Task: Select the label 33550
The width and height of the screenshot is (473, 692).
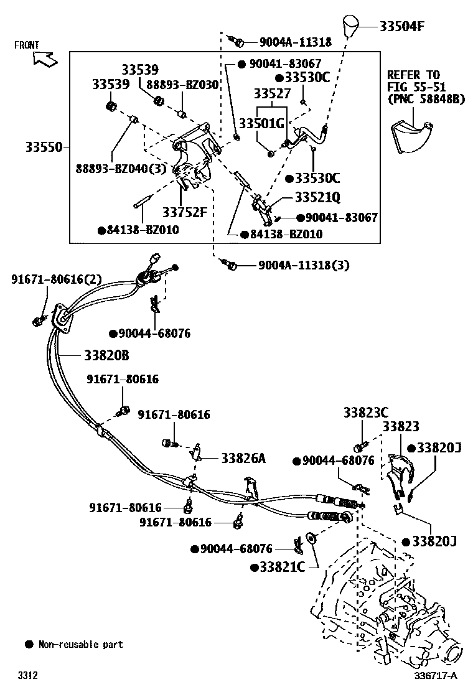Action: (44, 147)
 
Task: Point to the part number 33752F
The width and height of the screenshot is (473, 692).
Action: (184, 213)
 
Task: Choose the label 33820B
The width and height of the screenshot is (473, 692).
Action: (106, 355)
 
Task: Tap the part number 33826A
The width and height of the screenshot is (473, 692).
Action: (243, 458)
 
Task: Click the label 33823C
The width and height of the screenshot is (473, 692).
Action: (366, 413)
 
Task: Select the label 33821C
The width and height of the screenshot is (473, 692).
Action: (282, 567)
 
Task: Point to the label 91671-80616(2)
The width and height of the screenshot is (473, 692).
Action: (56, 279)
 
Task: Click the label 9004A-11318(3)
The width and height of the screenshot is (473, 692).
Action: (304, 265)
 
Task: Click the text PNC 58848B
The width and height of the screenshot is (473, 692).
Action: (426, 98)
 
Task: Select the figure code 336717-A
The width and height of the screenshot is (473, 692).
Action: (436, 675)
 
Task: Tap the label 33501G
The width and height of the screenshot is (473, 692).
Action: (262, 123)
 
